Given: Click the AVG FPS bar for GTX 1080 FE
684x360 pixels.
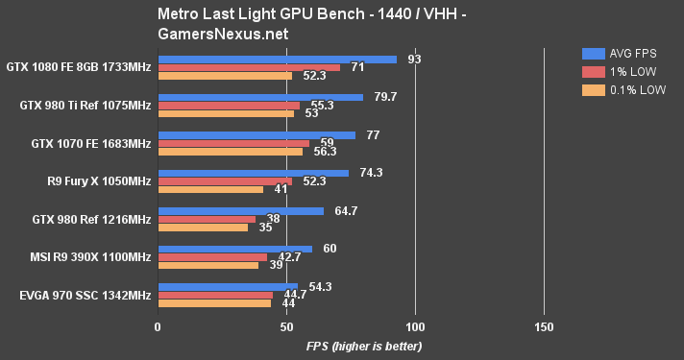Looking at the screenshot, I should pos(277,60).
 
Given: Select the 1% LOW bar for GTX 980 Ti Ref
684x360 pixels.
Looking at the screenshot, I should pos(229,105).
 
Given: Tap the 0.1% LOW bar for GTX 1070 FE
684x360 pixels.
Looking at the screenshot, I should pos(230,152).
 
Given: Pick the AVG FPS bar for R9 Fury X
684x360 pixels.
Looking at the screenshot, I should pos(253,173).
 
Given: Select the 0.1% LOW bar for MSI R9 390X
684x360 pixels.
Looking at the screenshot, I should pos(208,265).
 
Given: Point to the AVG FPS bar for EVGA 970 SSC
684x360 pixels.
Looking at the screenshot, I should pos(227,286).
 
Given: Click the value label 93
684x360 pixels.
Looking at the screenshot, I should pos(414,60).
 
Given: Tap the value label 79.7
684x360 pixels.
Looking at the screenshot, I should pos(382,97).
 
